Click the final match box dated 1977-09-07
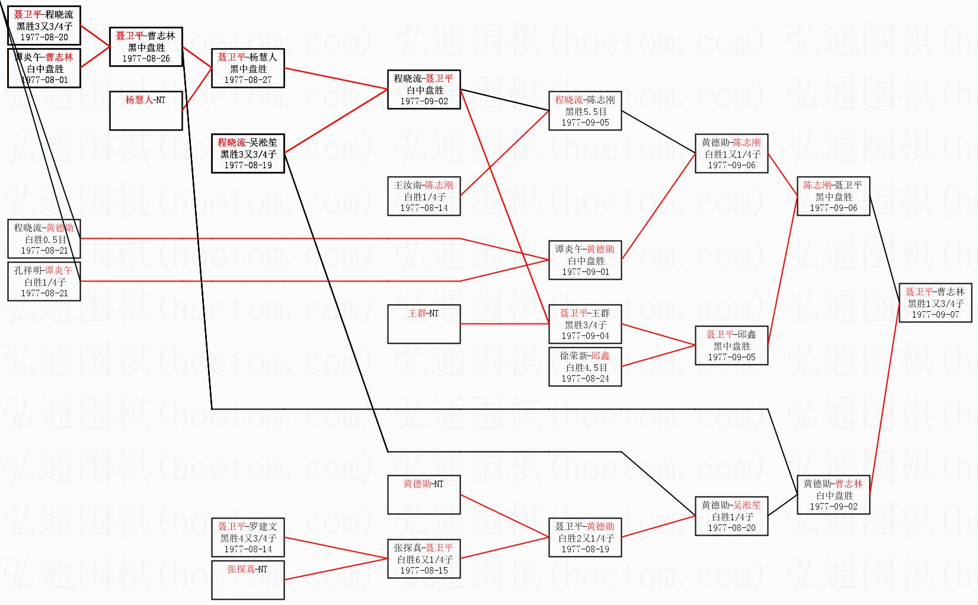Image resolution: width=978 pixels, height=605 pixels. (935, 303)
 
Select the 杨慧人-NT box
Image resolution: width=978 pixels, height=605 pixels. (146, 110)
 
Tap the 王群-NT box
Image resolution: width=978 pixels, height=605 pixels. (424, 324)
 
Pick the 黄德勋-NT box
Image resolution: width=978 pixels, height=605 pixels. (424, 494)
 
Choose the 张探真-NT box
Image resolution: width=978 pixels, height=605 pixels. (248, 580)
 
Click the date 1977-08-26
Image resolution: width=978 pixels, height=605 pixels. (146, 59)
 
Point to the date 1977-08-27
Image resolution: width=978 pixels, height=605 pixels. (248, 80)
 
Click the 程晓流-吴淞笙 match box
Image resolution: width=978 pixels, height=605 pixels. (248, 153)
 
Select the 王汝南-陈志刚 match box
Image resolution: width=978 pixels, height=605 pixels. (424, 196)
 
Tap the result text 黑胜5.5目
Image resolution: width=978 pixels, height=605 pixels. (586, 111)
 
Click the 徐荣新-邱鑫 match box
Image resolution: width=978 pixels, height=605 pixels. (586, 367)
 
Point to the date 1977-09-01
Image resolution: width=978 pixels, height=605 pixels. (586, 272)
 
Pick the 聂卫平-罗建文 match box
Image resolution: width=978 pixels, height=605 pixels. (248, 537)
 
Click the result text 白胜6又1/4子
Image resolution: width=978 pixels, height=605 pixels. (424, 559)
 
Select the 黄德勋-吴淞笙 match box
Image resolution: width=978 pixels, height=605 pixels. (731, 516)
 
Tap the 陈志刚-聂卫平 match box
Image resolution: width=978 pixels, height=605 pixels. (833, 196)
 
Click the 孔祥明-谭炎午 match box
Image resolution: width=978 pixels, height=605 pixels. (44, 281)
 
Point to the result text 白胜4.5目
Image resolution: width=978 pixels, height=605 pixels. (586, 367)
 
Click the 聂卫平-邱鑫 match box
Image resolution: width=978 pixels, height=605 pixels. (731, 345)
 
